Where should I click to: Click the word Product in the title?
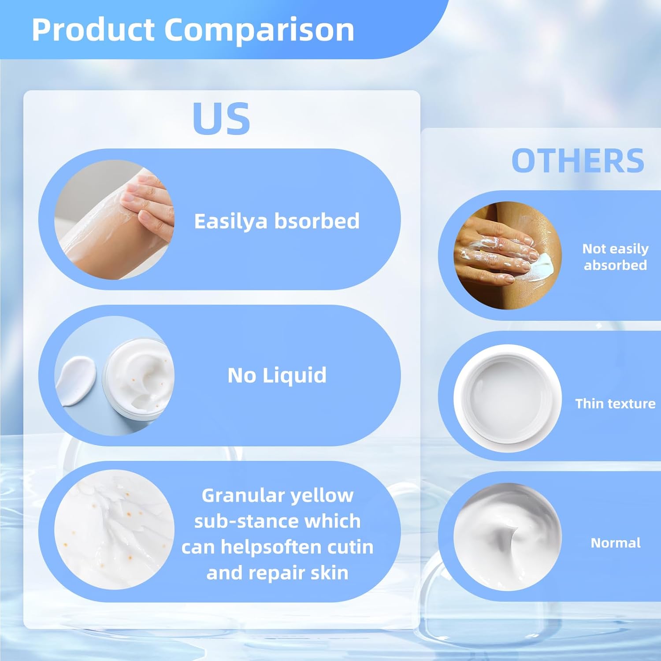tap(93, 30)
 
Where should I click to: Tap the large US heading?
tap(222, 119)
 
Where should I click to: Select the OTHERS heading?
tap(578, 161)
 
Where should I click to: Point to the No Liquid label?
tap(277, 375)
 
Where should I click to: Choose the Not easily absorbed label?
tap(615, 256)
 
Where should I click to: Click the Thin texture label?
tap(615, 404)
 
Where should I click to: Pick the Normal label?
tap(615, 543)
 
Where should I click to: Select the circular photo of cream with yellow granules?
tap(114, 530)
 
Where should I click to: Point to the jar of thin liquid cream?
tap(508, 398)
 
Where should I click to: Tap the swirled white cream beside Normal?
tap(508, 537)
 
